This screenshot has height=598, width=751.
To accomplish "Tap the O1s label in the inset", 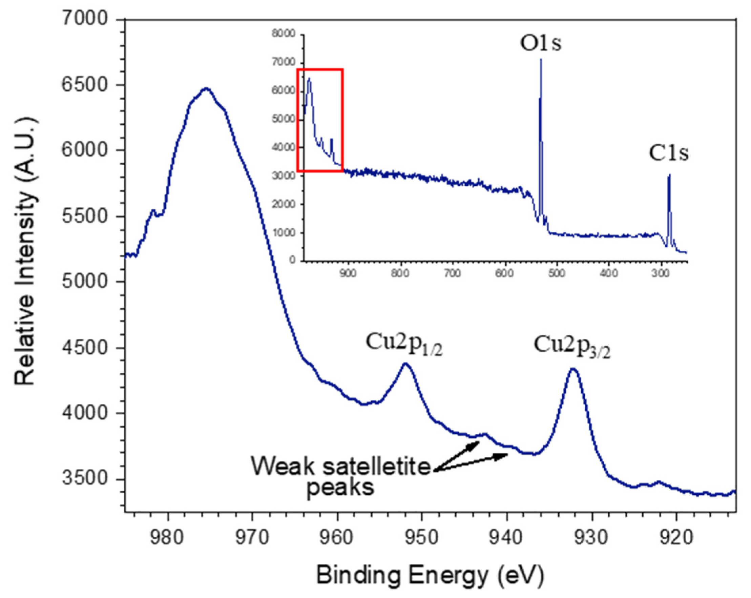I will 540,44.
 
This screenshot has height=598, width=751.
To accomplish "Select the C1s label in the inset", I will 668,154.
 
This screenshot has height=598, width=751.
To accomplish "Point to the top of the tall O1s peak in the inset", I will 541,60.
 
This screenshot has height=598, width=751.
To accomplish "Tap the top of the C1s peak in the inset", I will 669,175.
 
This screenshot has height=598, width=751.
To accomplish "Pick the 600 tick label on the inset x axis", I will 504,273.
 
